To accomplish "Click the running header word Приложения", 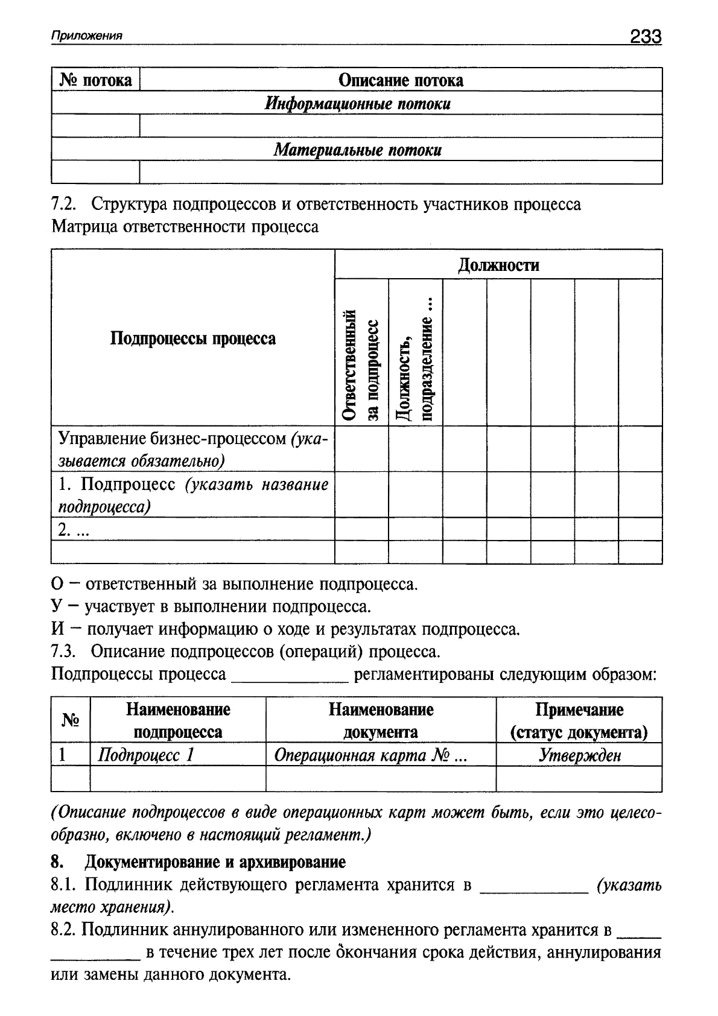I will (x=87, y=36).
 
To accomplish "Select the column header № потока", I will (x=96, y=80).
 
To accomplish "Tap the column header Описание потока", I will (x=401, y=80).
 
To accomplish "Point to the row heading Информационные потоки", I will (x=358, y=104).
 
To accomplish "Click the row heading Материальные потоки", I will (x=358, y=150).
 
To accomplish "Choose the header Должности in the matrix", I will (x=498, y=265).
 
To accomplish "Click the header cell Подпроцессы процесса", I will (x=193, y=338).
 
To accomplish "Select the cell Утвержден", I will (x=579, y=755).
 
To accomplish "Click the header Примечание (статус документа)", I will (x=579, y=721).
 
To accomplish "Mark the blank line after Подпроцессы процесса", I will (x=290, y=678).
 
